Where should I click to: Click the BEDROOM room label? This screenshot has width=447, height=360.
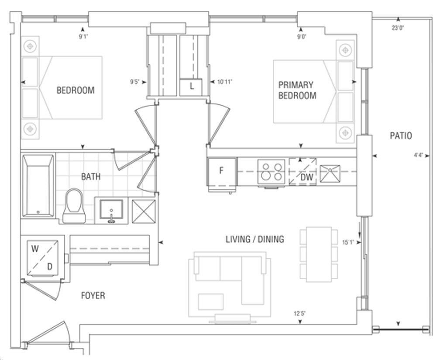click(x=76, y=90)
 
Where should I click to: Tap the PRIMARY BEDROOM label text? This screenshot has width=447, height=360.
click(x=297, y=90)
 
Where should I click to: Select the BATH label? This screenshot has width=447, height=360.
click(x=91, y=177)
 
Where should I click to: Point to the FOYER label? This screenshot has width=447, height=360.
click(x=93, y=295)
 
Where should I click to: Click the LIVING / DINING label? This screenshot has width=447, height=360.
click(x=254, y=239)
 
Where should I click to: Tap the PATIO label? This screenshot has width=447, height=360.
click(x=401, y=135)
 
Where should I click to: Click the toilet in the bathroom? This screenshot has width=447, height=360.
click(x=74, y=205)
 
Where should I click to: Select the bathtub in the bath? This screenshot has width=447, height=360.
click(x=38, y=186)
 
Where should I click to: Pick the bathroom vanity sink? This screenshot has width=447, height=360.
click(x=111, y=211)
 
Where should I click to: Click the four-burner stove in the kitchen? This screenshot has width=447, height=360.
click(x=272, y=172)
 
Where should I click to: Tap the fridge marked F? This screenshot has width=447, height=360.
click(x=222, y=171)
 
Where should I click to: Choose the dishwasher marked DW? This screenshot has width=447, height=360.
click(x=303, y=172)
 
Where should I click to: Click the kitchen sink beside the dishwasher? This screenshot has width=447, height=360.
click(x=330, y=173)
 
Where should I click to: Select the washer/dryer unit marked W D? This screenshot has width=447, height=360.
click(x=42, y=258)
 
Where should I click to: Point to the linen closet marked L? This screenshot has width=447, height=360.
click(x=191, y=87)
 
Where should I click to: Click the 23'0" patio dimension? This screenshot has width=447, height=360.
click(x=398, y=28)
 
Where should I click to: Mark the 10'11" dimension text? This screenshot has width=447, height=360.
click(x=225, y=82)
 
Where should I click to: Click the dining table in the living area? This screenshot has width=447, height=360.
click(x=319, y=254)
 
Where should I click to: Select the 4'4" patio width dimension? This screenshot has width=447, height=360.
click(x=418, y=156)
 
